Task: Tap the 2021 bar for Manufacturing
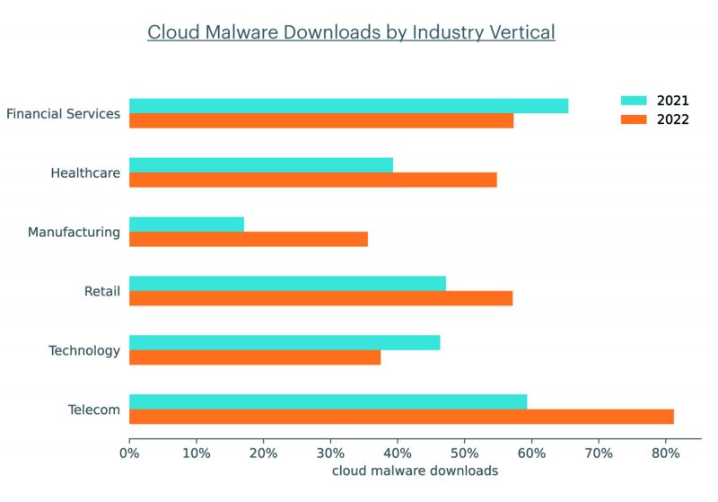coord(187,224)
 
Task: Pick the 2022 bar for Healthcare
coord(313,180)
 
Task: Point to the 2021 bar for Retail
coord(287,283)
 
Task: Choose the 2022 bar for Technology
coord(255,357)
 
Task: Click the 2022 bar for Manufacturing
coord(249,239)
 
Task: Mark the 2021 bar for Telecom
coord(328,401)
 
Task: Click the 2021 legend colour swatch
coord(635,100)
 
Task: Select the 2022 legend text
coord(672,119)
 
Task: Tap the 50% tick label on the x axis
coord(464,454)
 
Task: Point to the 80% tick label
coord(665,454)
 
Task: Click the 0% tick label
coord(129,454)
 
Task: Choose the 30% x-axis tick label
coord(330,454)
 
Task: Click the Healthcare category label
coord(85,172)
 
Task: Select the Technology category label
coord(84,350)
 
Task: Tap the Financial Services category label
coord(63,114)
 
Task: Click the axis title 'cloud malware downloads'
coord(415,471)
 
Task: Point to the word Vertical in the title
coord(521,32)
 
